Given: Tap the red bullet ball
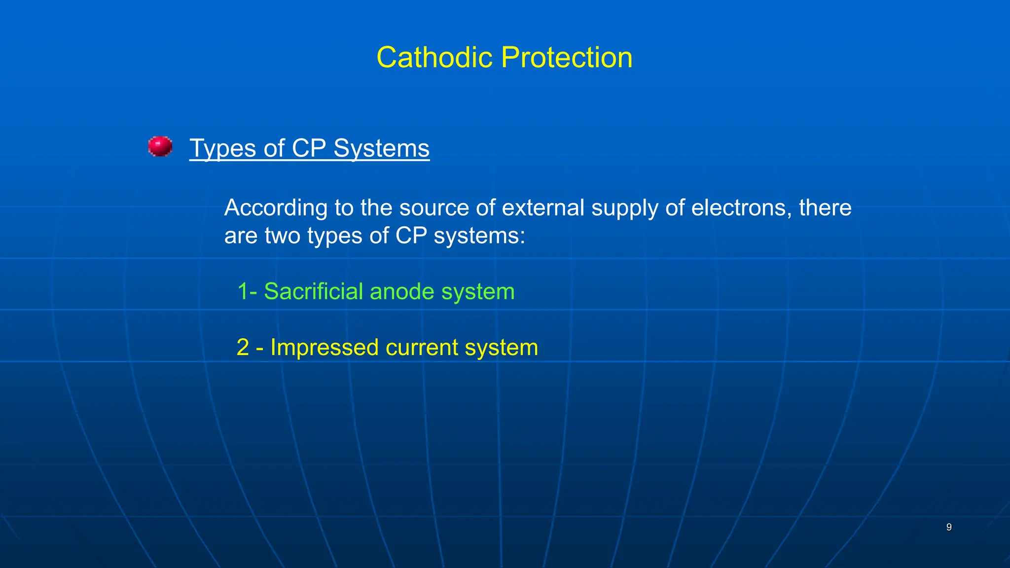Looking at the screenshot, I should click(160, 146).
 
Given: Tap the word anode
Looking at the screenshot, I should click(401, 291).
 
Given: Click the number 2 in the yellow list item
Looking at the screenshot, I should click(243, 347).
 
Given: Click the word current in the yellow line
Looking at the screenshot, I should click(422, 348).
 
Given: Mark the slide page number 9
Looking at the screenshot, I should click(949, 527).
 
